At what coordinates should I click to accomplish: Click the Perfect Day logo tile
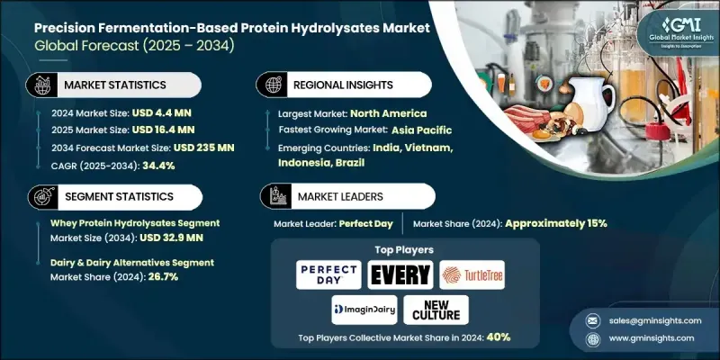pos(328,274)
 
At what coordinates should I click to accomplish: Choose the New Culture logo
pos(436,309)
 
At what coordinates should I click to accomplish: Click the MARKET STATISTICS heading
pos(113,85)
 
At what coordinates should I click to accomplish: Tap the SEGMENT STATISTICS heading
pos(117,197)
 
